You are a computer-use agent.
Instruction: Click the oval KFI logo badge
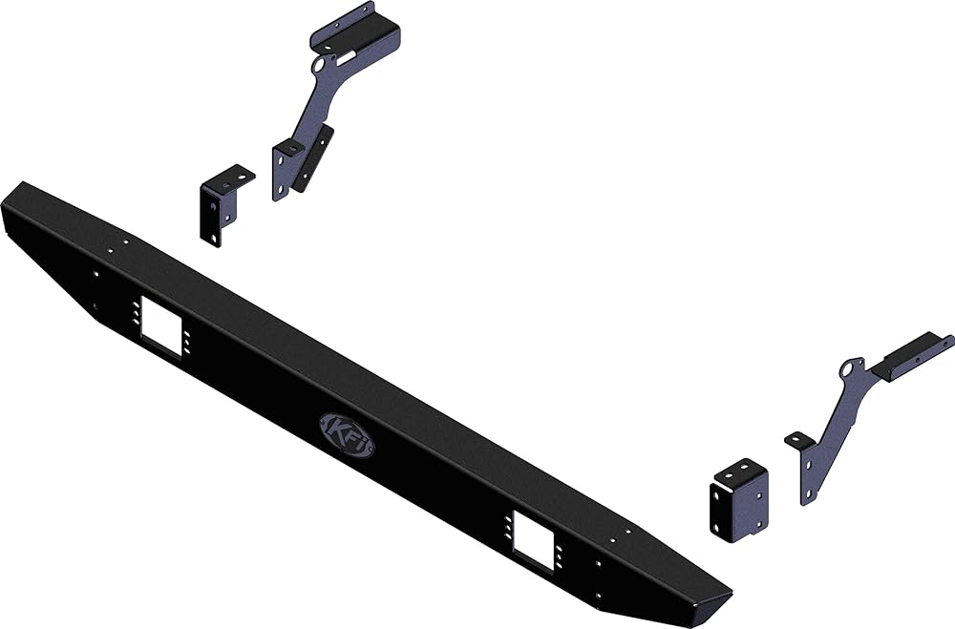pyautogui.click(x=348, y=434)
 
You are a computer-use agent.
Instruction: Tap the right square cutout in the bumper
pyautogui.click(x=534, y=540)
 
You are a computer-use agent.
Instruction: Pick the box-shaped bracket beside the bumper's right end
pyautogui.click(x=739, y=500)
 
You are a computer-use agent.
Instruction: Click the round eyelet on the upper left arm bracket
pyautogui.click(x=320, y=65)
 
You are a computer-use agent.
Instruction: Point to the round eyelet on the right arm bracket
pyautogui.click(x=848, y=369)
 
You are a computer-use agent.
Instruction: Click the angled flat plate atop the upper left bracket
pyautogui.click(x=355, y=31)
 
